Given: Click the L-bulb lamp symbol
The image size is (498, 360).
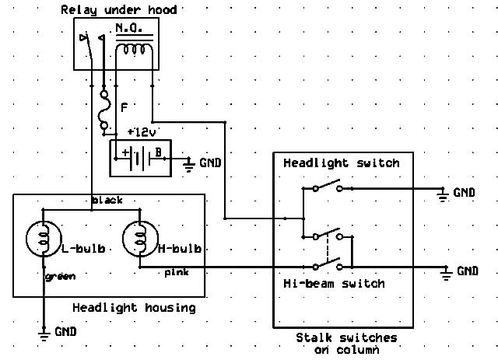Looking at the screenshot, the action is [44, 239].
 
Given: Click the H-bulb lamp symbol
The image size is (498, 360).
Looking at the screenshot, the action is [140, 239].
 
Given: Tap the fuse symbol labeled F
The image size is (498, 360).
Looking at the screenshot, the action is [104, 110].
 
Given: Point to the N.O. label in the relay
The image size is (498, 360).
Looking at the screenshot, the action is [128, 29].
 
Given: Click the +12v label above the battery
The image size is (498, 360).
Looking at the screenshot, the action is [142, 132].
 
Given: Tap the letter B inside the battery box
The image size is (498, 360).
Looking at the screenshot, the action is [158, 152].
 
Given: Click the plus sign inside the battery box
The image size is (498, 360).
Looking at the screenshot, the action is [125, 152].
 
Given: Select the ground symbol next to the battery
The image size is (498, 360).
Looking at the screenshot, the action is [189, 165].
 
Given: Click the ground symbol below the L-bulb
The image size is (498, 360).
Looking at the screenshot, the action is [44, 334].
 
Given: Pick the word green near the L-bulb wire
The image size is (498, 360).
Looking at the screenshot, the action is [61, 277].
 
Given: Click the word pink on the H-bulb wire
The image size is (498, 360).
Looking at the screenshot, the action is [177, 272].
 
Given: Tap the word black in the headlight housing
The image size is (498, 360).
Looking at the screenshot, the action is [107, 200].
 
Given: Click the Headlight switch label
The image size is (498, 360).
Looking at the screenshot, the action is [342, 163].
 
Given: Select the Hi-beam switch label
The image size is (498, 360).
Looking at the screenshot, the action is [334, 283].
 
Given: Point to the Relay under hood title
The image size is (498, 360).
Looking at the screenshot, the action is [119, 9].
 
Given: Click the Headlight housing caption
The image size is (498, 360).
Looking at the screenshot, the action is [134, 307].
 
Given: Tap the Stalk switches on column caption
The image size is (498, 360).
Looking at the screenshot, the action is [346, 344].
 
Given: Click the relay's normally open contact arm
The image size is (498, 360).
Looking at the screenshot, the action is [89, 47].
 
